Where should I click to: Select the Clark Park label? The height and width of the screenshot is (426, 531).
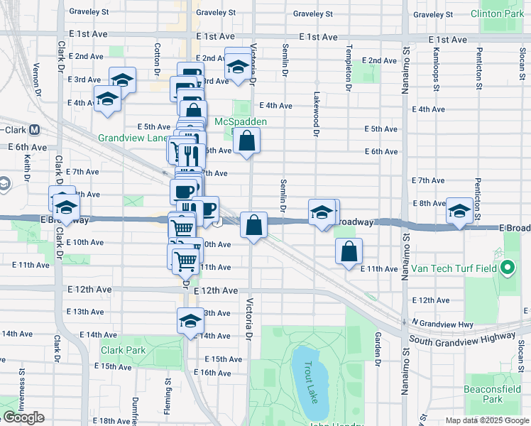123,350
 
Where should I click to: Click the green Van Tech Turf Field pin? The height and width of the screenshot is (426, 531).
507,269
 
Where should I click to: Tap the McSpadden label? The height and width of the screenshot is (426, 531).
241,121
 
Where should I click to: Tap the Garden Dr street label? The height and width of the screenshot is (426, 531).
378,345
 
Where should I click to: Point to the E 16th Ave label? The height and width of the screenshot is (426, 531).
212,373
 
